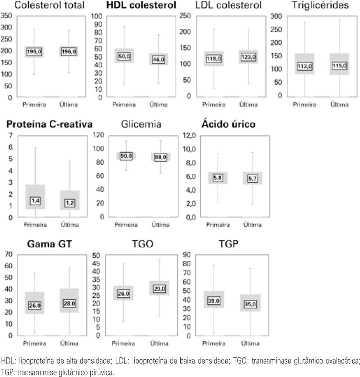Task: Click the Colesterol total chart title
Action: pyautogui.click(x=42, y=6)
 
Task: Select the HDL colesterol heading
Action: pyautogui.click(x=135, y=6)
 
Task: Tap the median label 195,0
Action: pyautogui.click(x=34, y=52)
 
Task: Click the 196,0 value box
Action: pyautogui.click(x=69, y=52)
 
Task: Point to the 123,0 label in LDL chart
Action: pyautogui.click(x=248, y=57)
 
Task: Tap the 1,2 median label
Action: pyautogui.click(x=70, y=203)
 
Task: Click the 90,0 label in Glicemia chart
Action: pyautogui.click(x=126, y=156)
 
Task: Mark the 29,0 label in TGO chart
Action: pyautogui.click(x=159, y=289)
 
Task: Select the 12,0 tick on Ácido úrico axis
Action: pyautogui.click(x=188, y=136)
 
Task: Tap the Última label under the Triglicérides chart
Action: pyautogui.click(x=339, y=105)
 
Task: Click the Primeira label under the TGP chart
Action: pyautogui.click(x=214, y=343)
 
